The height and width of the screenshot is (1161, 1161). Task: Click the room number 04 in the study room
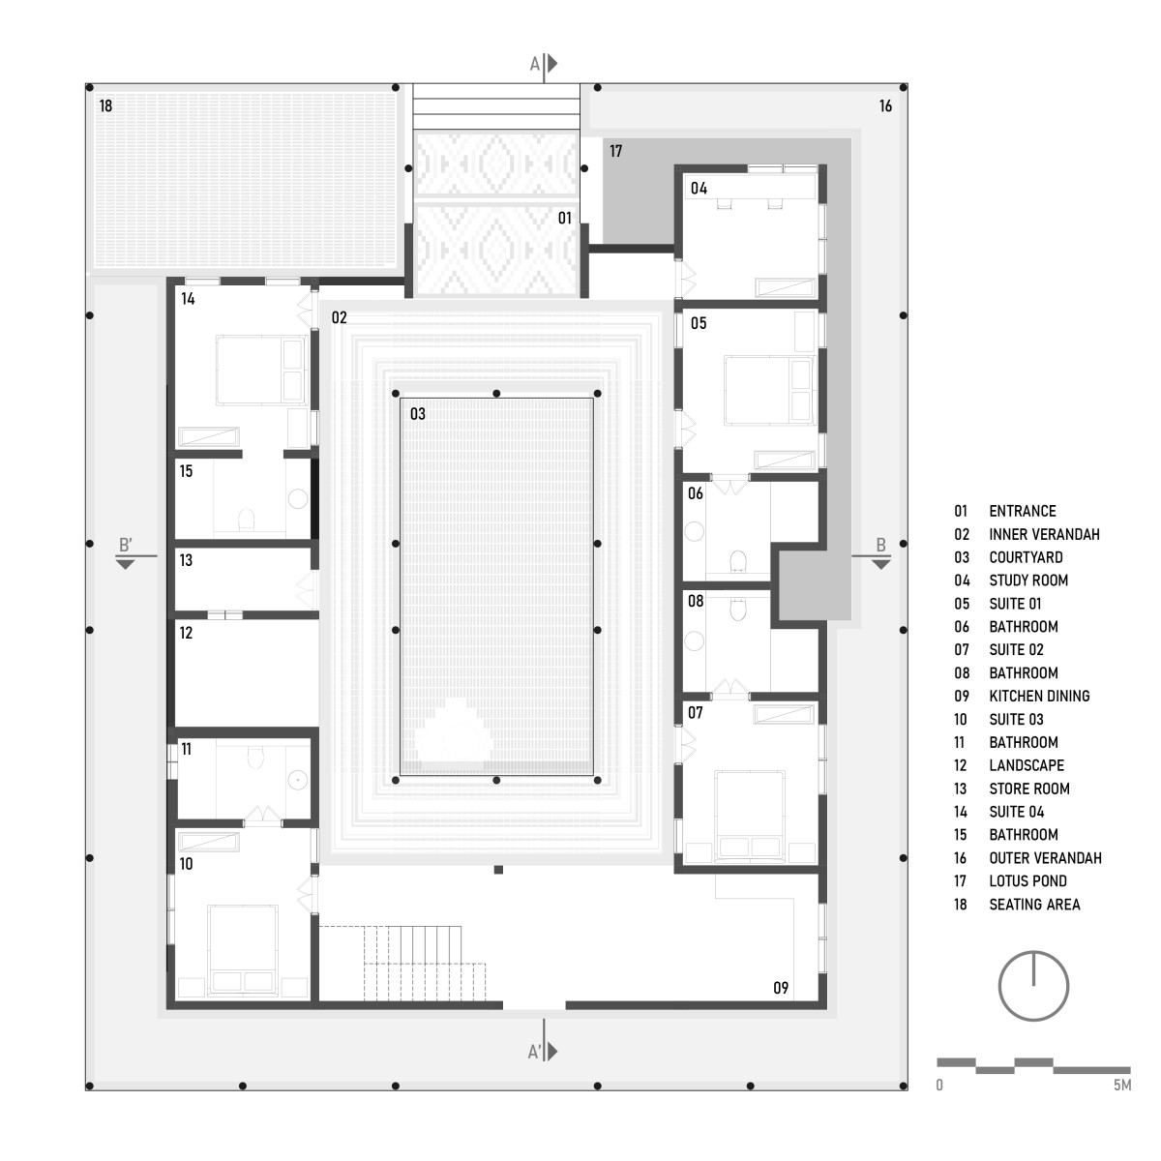(x=699, y=189)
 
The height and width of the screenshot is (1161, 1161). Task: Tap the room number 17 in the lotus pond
(x=615, y=151)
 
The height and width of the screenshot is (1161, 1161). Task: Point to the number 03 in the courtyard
(x=418, y=414)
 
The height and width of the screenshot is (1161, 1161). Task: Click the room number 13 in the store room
(x=186, y=560)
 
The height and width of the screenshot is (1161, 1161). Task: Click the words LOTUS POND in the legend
(x=1027, y=880)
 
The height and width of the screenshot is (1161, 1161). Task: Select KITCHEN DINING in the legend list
(x=1039, y=696)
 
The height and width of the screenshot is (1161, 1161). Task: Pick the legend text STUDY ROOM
(x=1028, y=580)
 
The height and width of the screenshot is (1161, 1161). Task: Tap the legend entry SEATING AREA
(x=1034, y=905)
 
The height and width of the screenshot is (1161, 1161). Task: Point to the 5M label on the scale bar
(x=1122, y=1086)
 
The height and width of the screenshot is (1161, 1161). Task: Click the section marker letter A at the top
(x=534, y=64)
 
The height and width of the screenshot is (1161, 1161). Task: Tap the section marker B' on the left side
(x=126, y=545)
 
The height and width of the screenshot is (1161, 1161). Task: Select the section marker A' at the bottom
(x=534, y=1052)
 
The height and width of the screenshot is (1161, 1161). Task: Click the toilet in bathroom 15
(x=247, y=520)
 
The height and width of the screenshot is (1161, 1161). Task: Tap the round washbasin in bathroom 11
(x=298, y=780)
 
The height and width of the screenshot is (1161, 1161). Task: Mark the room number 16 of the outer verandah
(x=885, y=106)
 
